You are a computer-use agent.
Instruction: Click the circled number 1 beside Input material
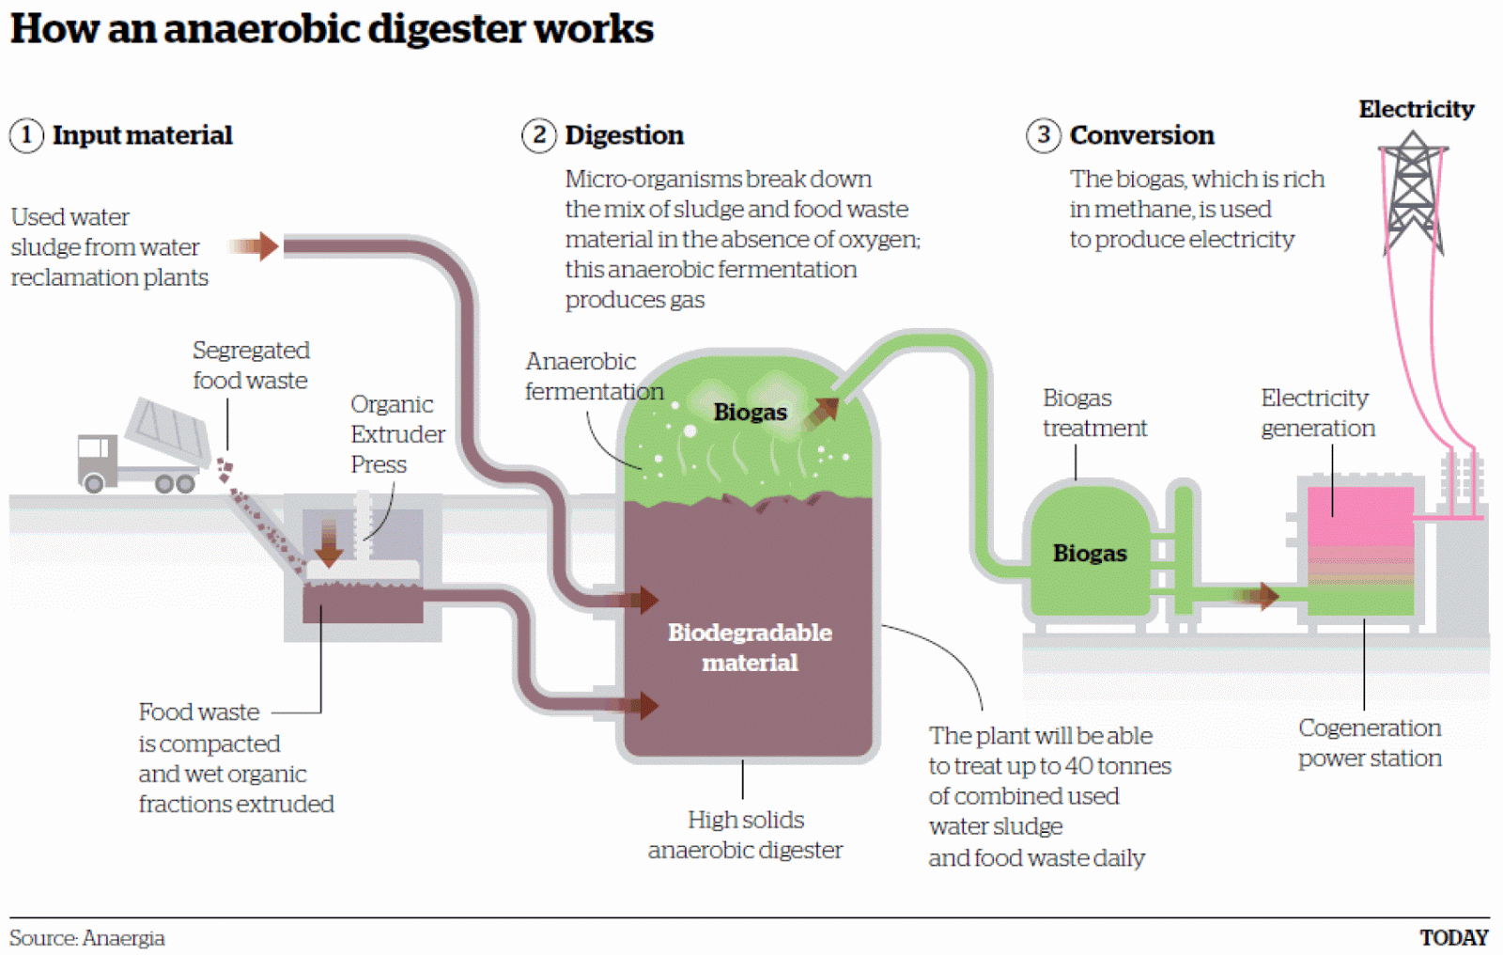tap(26, 135)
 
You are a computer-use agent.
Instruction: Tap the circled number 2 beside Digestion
tap(539, 135)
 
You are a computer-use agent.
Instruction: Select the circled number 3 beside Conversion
tap(1043, 135)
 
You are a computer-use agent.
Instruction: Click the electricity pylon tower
tap(1413, 193)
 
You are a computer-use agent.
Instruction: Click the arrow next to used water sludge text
tap(255, 246)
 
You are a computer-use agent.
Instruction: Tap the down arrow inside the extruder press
tap(329, 542)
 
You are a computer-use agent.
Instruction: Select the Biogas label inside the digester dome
tap(750, 412)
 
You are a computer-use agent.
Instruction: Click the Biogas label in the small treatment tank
tap(1089, 553)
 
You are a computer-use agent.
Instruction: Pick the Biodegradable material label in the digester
tap(750, 647)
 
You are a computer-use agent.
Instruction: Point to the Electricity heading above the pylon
tap(1416, 109)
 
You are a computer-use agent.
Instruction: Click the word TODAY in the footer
tap(1453, 937)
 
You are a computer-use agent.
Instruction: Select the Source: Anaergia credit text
tap(87, 937)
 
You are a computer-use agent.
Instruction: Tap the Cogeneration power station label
tap(1369, 743)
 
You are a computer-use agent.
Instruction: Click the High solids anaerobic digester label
tap(745, 835)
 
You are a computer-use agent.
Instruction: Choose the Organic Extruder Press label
tap(396, 433)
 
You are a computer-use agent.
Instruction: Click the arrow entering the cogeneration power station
tap(1258, 595)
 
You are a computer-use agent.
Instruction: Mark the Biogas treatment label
tap(1093, 413)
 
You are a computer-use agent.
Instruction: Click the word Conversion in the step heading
tap(1141, 135)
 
